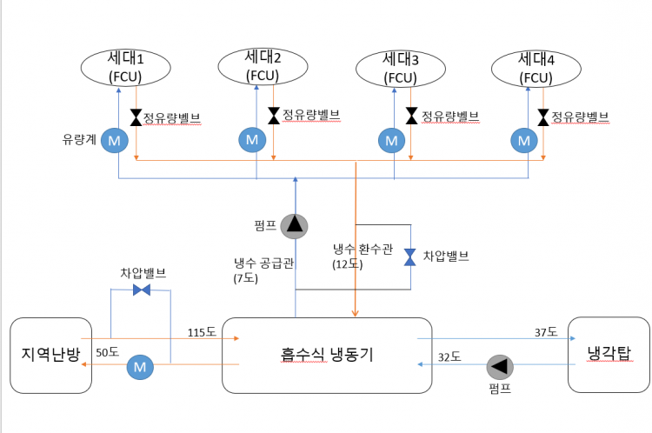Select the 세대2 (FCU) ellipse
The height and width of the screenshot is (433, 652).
pos(264,66)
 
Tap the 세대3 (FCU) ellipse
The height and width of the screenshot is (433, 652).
pos(402,67)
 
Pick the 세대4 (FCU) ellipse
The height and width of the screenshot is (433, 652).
pos(536,67)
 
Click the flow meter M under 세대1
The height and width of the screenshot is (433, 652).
pos(114,139)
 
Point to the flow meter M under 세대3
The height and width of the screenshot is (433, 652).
pos(392,139)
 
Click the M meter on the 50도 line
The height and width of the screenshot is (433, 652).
pos(139,367)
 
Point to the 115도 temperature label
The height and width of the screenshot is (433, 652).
pos(201,331)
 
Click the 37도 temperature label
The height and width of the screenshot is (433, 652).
pos(546,331)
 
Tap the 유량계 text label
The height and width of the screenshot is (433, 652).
pos(77,138)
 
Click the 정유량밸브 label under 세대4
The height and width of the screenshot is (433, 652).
pos(581,116)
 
